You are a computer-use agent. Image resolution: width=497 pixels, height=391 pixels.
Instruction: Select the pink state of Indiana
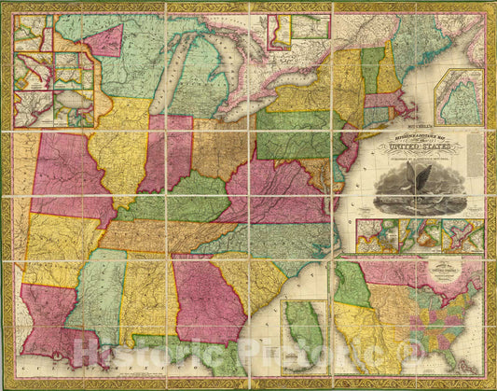click(167, 149)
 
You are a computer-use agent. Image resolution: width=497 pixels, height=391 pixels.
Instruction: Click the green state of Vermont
click(370, 69)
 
